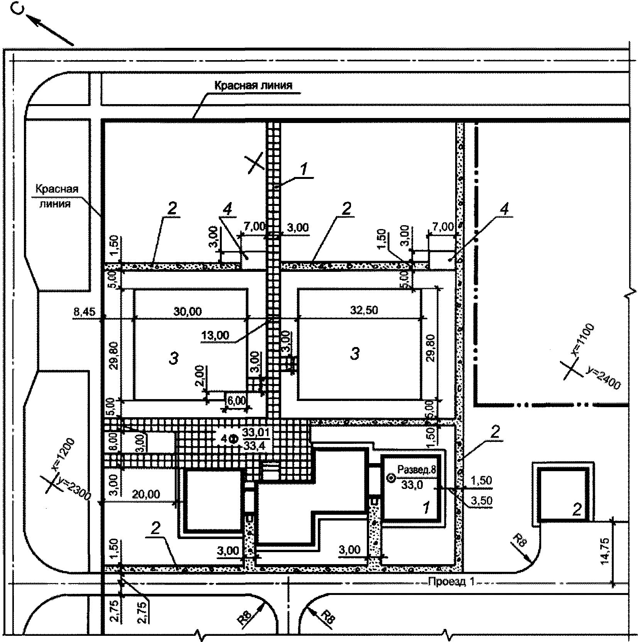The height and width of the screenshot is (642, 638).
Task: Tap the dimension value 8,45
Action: tap(84, 311)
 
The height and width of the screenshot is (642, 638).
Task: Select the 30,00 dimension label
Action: tap(187, 311)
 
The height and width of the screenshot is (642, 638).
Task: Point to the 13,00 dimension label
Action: tap(215, 335)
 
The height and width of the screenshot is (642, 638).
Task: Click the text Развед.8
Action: tap(417, 470)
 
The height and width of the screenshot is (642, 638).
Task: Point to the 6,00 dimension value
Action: tap(236, 400)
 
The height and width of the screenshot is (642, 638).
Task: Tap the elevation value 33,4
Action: tap(254, 446)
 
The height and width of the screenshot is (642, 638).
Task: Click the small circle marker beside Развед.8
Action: tap(391, 479)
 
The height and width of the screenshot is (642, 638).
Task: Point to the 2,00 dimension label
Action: tap(199, 377)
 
